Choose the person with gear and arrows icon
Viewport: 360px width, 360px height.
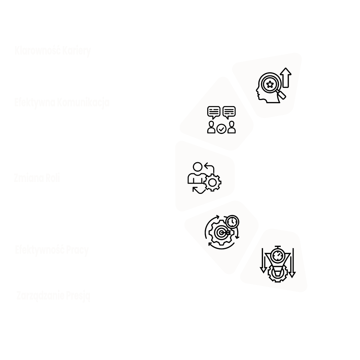(x=204, y=178)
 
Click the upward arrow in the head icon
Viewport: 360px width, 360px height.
(x=286, y=78)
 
